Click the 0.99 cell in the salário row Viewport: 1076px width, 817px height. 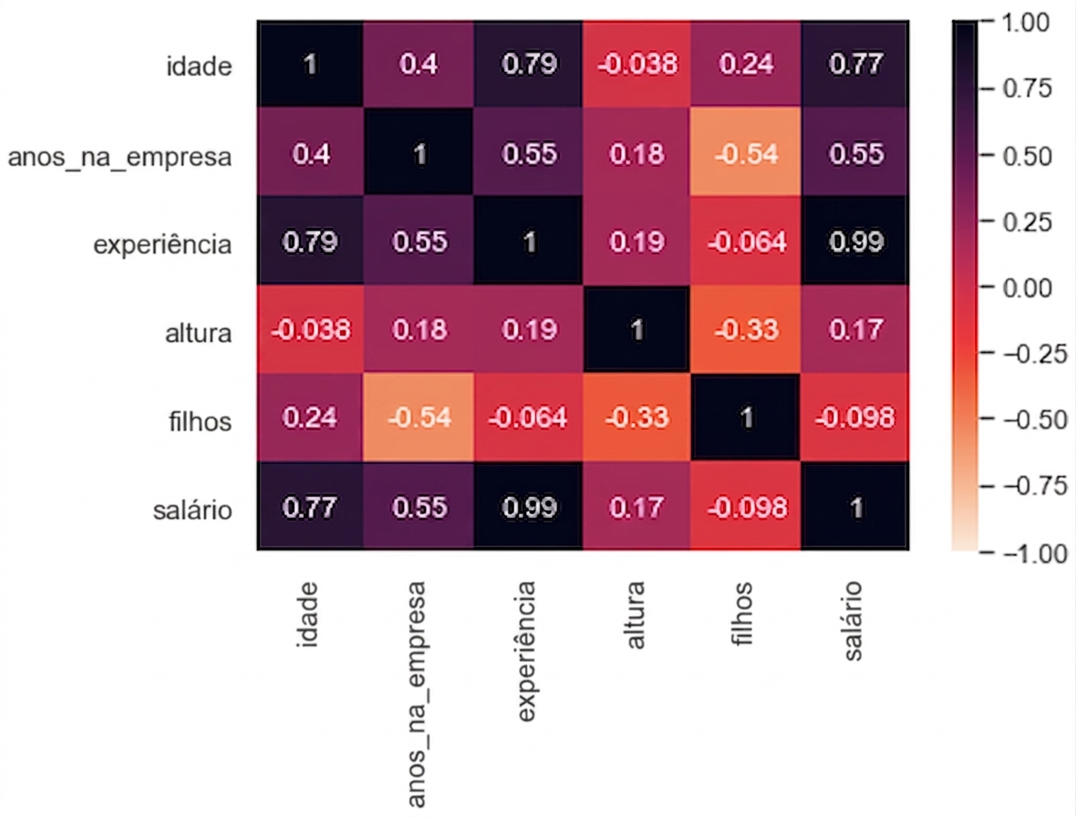(x=528, y=507)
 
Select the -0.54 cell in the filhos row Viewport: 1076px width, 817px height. (x=419, y=419)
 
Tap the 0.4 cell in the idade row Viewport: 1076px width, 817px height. (x=419, y=64)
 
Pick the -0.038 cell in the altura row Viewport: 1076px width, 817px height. (x=310, y=330)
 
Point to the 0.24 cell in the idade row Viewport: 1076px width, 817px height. (x=746, y=64)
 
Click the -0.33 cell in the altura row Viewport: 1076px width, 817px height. (x=746, y=330)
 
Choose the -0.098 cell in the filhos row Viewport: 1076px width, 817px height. (x=854, y=419)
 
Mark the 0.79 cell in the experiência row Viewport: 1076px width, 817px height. (x=310, y=242)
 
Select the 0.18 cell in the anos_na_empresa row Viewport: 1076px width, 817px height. (x=637, y=153)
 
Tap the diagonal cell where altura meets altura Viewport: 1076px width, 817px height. (x=637, y=330)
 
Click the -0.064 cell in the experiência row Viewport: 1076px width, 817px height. (x=746, y=242)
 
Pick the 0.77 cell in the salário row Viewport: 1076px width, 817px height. (x=310, y=507)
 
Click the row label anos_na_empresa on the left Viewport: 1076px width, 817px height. (x=119, y=157)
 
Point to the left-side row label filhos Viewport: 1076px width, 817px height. (x=201, y=422)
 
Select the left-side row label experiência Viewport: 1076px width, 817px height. (x=162, y=245)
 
